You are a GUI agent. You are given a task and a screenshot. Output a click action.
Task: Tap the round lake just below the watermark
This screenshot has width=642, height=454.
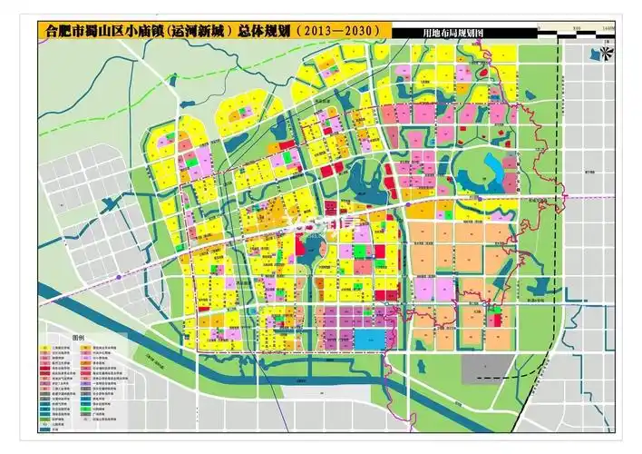[x=310, y=246]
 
